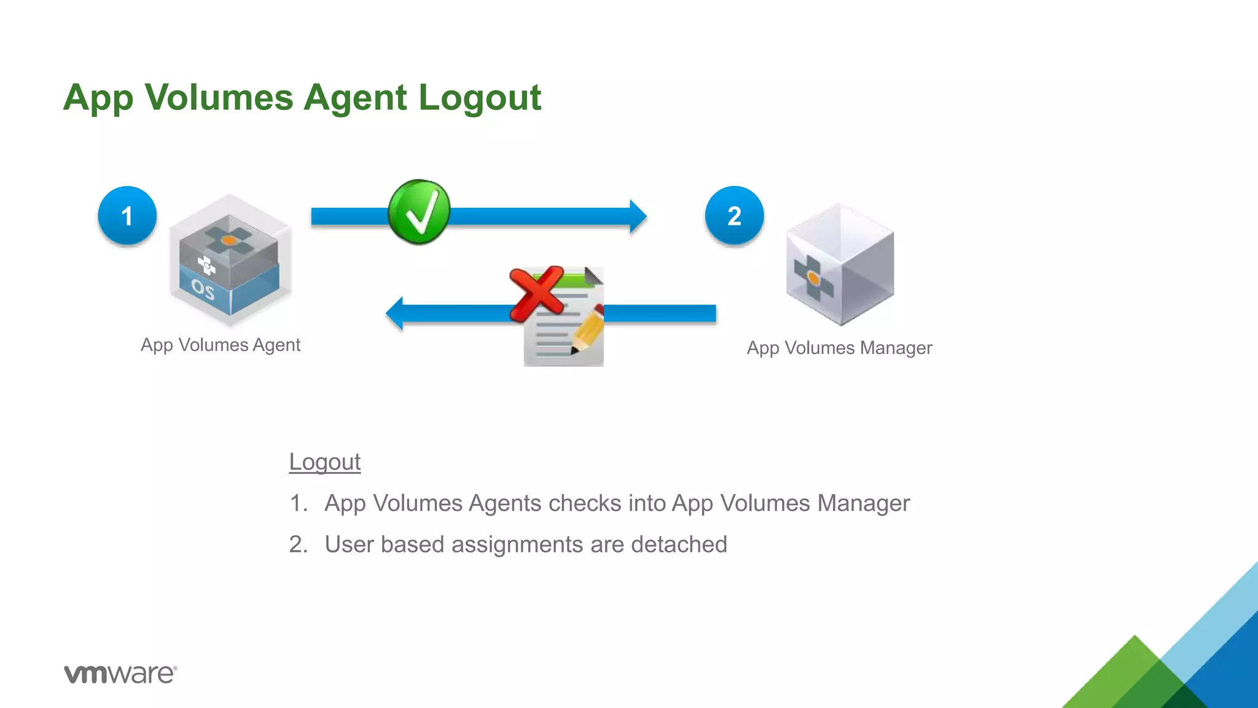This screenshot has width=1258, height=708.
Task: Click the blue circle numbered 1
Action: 127,216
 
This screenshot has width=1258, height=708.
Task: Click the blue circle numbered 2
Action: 734,216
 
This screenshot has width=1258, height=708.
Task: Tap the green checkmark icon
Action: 420,212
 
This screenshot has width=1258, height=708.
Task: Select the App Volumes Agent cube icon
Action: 230,260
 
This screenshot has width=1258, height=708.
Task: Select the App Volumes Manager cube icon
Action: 840,264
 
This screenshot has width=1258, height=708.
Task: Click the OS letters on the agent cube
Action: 203,289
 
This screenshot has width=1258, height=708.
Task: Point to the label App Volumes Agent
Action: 221,345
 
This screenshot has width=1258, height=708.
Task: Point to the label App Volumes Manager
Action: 839,348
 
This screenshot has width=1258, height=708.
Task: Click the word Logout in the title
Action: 480,98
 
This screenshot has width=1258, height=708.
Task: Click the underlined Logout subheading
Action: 324,462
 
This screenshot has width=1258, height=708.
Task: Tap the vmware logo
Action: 120,674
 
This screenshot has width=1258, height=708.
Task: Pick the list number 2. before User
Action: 298,545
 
